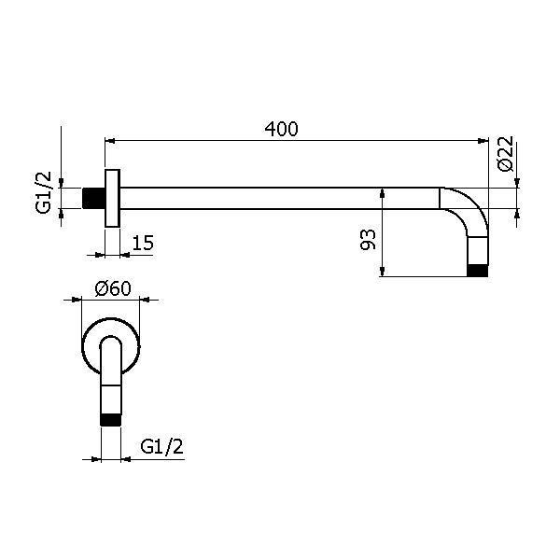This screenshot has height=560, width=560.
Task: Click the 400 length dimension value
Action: (x=281, y=130)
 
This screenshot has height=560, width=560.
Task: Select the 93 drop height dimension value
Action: (x=367, y=241)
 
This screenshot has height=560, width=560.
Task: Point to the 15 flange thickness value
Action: (x=142, y=243)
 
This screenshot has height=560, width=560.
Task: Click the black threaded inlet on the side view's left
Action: (x=93, y=198)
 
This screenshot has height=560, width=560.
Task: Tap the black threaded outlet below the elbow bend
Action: (x=478, y=272)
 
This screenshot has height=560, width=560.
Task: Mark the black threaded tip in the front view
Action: (x=110, y=418)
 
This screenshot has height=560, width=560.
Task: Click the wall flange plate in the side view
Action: (x=112, y=198)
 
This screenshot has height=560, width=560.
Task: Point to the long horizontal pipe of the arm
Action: (x=280, y=198)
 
